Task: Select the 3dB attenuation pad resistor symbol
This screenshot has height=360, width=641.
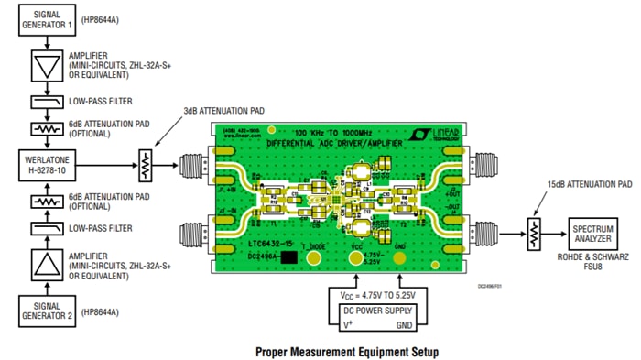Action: (144, 166)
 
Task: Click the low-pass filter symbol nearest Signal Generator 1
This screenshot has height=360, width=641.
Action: (40, 103)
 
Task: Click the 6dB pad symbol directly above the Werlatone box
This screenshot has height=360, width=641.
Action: (40, 131)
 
